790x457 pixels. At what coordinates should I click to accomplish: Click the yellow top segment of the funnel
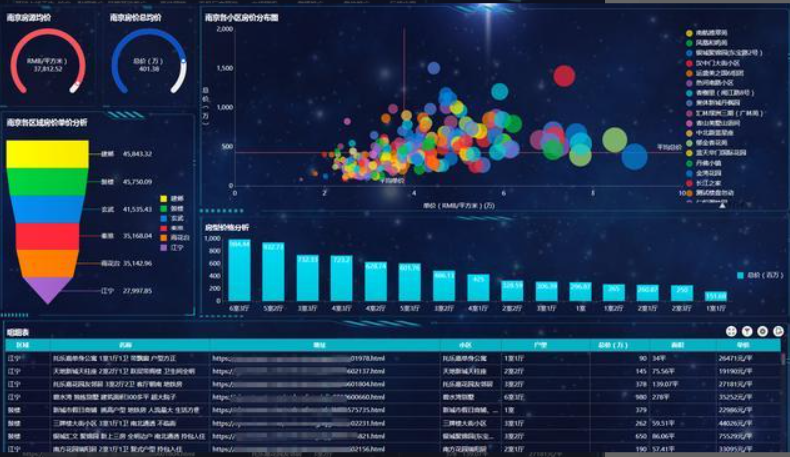click(47, 154)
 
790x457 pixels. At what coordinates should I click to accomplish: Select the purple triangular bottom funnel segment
click(47, 290)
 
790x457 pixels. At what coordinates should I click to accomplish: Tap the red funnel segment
click(47, 235)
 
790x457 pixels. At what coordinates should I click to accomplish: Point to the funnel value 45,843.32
click(136, 154)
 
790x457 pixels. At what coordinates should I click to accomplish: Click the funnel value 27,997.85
click(136, 291)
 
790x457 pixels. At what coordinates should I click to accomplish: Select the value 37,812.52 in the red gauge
click(47, 69)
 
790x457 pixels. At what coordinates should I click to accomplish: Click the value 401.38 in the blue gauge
click(149, 69)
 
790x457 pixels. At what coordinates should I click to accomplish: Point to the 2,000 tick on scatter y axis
click(224, 29)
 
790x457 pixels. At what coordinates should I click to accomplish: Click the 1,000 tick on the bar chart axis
click(211, 239)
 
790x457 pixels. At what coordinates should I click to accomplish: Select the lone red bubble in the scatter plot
click(564, 75)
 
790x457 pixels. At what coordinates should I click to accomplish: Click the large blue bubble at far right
click(635, 157)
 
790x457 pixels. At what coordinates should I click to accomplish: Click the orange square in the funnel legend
click(164, 237)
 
